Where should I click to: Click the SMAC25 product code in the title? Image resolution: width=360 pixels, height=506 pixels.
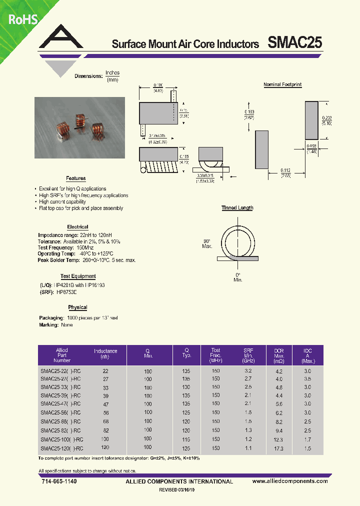click(x=295, y=43)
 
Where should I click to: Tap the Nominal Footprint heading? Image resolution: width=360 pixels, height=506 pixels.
click(x=282, y=85)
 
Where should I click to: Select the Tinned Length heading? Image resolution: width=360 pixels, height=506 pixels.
click(x=237, y=208)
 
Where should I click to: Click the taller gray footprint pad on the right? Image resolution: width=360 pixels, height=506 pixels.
click(x=311, y=120)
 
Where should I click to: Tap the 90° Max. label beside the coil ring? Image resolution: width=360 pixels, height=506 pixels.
click(x=207, y=243)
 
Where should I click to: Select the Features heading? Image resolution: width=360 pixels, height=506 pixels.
click(x=76, y=178)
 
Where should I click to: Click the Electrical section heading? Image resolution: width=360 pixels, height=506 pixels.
click(x=77, y=227)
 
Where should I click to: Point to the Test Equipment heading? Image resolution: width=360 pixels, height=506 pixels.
click(x=78, y=276)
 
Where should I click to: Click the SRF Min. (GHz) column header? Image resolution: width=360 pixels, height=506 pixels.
click(x=248, y=355)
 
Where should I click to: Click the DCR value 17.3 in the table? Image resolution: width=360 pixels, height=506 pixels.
click(x=278, y=448)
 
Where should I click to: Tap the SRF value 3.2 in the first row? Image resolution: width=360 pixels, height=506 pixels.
click(x=248, y=371)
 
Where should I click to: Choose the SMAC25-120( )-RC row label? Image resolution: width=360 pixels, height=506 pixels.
click(x=61, y=448)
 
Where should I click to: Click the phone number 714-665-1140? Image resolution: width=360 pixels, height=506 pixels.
click(x=58, y=481)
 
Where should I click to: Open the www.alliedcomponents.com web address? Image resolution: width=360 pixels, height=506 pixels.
click(x=290, y=481)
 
